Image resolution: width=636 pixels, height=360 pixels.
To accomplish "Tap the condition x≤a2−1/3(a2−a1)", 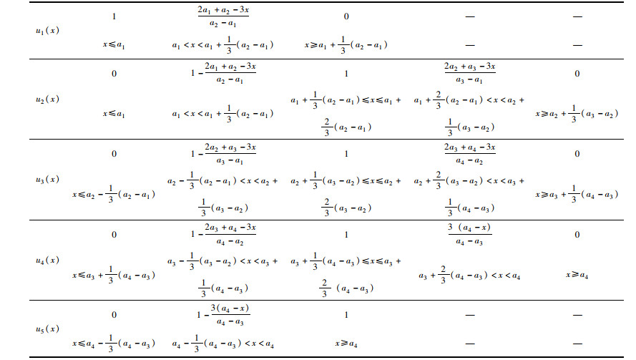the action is (x=114, y=194).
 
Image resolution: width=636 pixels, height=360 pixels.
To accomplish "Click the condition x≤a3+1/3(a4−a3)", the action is (x=114, y=274).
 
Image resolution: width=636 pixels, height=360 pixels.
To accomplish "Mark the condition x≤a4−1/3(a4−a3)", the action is (x=114, y=344).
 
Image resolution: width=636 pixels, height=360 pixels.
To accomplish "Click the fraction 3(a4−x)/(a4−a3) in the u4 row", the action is (x=469, y=234).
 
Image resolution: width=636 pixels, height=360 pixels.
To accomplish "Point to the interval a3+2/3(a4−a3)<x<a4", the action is (x=469, y=274).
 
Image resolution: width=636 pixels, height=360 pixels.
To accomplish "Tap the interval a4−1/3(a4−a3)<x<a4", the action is (x=223, y=344).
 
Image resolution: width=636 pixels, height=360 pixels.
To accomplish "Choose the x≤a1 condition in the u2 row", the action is (x=114, y=114).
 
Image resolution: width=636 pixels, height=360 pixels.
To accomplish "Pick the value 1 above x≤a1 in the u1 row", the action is (x=114, y=14).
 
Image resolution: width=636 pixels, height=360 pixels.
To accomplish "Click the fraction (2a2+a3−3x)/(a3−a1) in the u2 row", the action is (x=469, y=74).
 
